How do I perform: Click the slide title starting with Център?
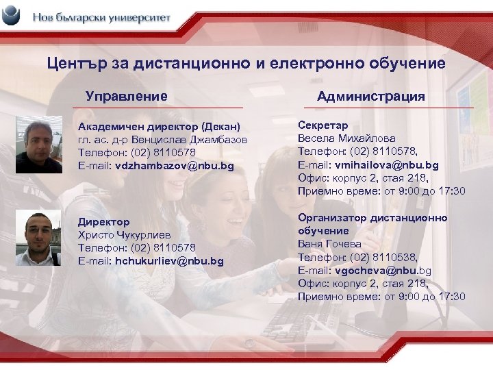(246, 64)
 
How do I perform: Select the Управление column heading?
(127, 97)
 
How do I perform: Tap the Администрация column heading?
(370, 97)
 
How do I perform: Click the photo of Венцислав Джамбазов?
(39, 143)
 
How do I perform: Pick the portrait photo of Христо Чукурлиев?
(39, 238)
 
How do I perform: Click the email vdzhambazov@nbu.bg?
(175, 166)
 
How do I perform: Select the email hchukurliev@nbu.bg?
(169, 261)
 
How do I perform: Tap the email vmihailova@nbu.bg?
(387, 165)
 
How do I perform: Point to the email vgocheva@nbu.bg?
(383, 270)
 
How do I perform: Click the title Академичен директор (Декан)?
(160, 127)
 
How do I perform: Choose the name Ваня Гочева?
(329, 244)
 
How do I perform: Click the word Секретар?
(323, 125)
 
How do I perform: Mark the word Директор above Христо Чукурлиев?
(103, 222)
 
